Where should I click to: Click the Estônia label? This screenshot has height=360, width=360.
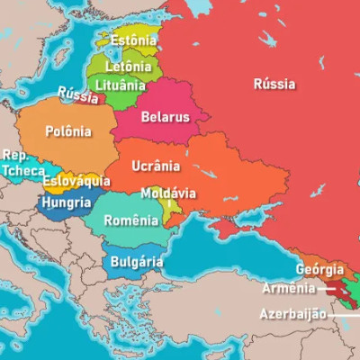pos(134,40)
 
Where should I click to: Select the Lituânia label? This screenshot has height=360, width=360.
pos(120,85)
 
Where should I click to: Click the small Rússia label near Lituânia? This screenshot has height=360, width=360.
pos(77,94)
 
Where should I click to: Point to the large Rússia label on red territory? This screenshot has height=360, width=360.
pos(274,85)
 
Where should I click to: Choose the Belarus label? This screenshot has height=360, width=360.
pos(165,117)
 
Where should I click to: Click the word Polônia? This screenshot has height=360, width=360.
pos(68,131)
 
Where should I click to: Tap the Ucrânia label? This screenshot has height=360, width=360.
pos(156,166)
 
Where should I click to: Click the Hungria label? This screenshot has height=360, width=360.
pos(65,204)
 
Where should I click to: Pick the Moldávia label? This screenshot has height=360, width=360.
pos(168,193)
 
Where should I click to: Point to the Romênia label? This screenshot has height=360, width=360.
pos(130,220)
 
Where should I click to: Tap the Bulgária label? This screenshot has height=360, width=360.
pos(136,262)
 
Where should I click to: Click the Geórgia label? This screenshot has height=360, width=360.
pos(319,269)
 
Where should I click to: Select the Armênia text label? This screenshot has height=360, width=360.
pos(289,289)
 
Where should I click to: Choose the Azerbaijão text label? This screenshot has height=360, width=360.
pos(295,315)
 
